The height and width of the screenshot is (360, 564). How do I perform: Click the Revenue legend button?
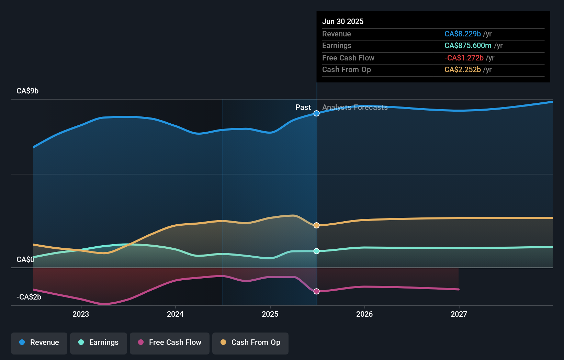click(x=39, y=343)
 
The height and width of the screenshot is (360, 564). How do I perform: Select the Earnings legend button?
click(x=99, y=343)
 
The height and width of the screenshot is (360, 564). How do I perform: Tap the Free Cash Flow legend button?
click(x=170, y=343)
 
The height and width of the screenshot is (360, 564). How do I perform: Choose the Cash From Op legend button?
click(x=250, y=343)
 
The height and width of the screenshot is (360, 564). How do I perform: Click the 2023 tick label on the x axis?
click(x=81, y=314)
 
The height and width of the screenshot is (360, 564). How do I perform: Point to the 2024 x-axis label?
click(x=175, y=314)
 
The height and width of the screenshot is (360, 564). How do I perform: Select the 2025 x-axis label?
click(x=270, y=314)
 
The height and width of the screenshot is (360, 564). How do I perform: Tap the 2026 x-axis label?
click(x=364, y=314)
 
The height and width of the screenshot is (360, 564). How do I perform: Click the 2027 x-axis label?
click(x=459, y=314)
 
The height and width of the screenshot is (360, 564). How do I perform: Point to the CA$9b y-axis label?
click(x=27, y=91)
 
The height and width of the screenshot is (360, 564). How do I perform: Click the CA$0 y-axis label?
click(x=25, y=260)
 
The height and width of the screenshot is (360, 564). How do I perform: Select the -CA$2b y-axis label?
click(x=29, y=297)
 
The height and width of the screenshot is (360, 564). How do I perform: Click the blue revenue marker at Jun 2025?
click(x=317, y=113)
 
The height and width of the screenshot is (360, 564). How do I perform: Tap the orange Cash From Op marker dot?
click(x=317, y=225)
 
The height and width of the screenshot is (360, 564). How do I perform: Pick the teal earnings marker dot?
click(x=317, y=251)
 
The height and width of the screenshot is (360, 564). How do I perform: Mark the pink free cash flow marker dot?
click(x=317, y=291)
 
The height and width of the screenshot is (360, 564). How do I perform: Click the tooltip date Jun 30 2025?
click(x=343, y=21)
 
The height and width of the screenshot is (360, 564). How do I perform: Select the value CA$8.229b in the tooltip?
click(x=462, y=34)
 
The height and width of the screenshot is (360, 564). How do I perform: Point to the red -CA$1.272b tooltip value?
click(x=464, y=58)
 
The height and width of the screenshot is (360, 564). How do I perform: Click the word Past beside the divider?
click(x=303, y=108)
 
